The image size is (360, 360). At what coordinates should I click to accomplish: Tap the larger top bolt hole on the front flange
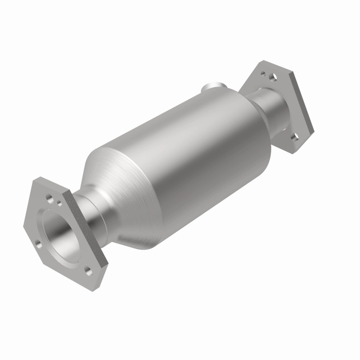point(50,198)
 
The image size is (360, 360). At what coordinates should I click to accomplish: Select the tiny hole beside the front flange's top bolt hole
point(59,203)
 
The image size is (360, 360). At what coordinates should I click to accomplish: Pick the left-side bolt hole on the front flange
point(37,246)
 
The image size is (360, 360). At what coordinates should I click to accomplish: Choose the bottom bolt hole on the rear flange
point(294,135)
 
